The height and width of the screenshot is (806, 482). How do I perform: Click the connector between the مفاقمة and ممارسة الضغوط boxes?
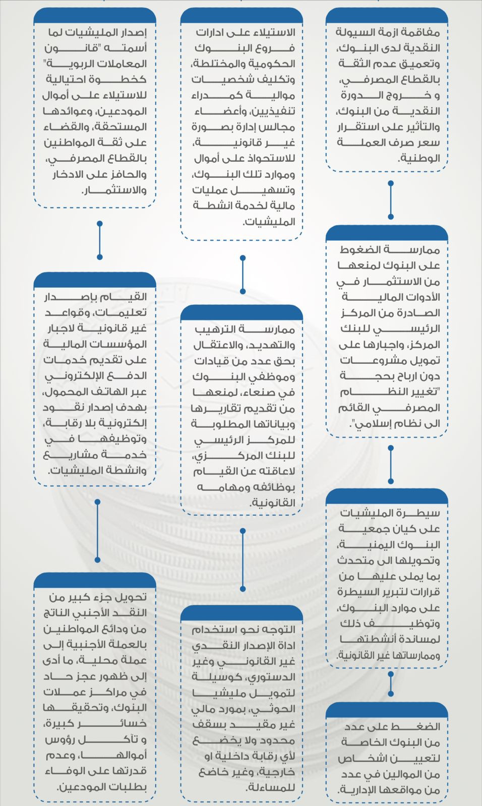click(x=391, y=200)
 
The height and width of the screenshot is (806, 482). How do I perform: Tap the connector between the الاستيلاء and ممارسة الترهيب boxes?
click(x=243, y=275)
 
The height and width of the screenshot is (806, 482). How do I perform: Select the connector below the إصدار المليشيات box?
click(x=99, y=240)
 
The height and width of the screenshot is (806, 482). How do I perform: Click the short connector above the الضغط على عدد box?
click(x=391, y=684)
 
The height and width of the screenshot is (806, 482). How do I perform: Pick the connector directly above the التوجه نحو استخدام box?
click(x=243, y=560)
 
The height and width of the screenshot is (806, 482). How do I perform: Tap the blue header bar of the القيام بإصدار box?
click(x=95, y=280)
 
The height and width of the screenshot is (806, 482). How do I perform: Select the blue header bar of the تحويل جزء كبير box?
click(x=95, y=580)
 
